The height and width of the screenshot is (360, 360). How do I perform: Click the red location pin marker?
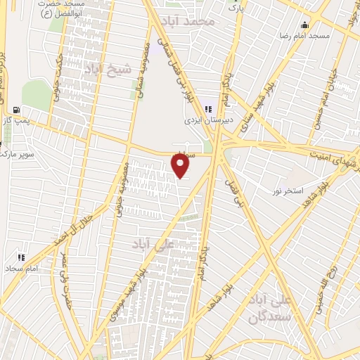pyautogui.click(x=181, y=165)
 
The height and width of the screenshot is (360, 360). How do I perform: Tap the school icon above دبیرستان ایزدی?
pyautogui.click(x=207, y=108)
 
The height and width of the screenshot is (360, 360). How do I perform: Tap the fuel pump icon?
pyautogui.click(x=16, y=110)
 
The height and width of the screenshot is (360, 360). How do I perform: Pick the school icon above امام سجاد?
pyautogui.click(x=22, y=257)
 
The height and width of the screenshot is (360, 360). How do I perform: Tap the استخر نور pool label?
pyautogui.click(x=289, y=191)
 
